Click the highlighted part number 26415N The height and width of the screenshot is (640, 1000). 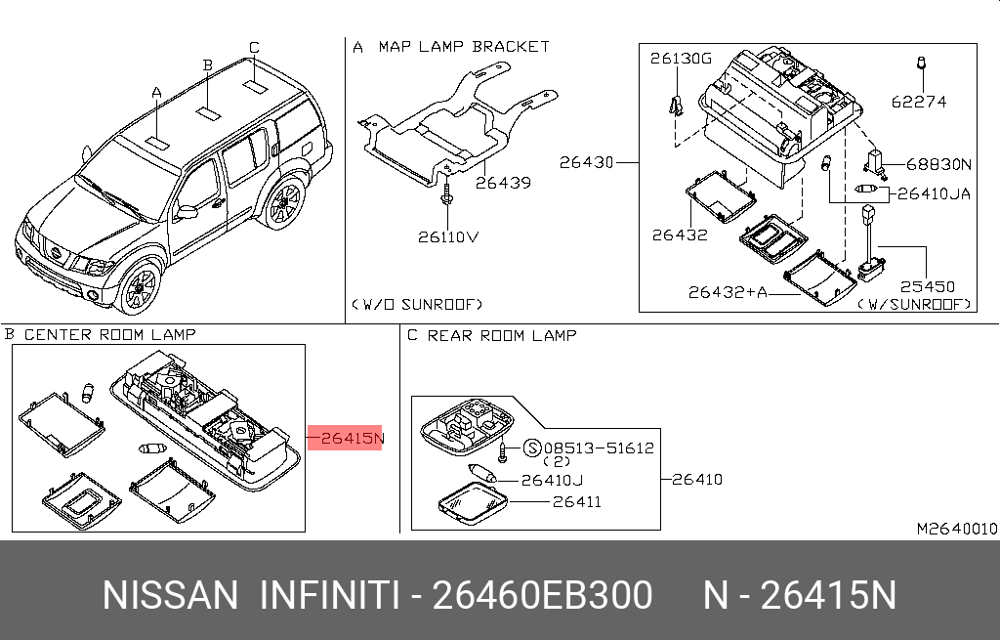click(347, 439)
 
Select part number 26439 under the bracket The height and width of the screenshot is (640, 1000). click(503, 182)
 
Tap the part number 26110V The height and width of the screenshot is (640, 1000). click(450, 236)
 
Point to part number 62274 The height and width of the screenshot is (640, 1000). click(918, 101)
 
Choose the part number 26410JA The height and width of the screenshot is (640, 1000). click(935, 193)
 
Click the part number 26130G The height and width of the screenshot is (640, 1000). click(681, 60)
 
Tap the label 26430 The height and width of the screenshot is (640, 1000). click(586, 162)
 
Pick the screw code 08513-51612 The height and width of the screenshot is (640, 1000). click(599, 448)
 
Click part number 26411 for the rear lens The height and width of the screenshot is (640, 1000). click(576, 502)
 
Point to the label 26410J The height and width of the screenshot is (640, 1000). click(552, 480)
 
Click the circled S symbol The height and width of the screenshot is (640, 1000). click(532, 448)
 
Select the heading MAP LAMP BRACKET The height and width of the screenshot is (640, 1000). click(463, 46)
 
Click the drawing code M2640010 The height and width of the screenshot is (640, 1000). click(956, 529)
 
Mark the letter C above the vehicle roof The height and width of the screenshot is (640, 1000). click(253, 47)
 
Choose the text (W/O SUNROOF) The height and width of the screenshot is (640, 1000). click(417, 304)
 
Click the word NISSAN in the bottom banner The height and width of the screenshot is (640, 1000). click(170, 594)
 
